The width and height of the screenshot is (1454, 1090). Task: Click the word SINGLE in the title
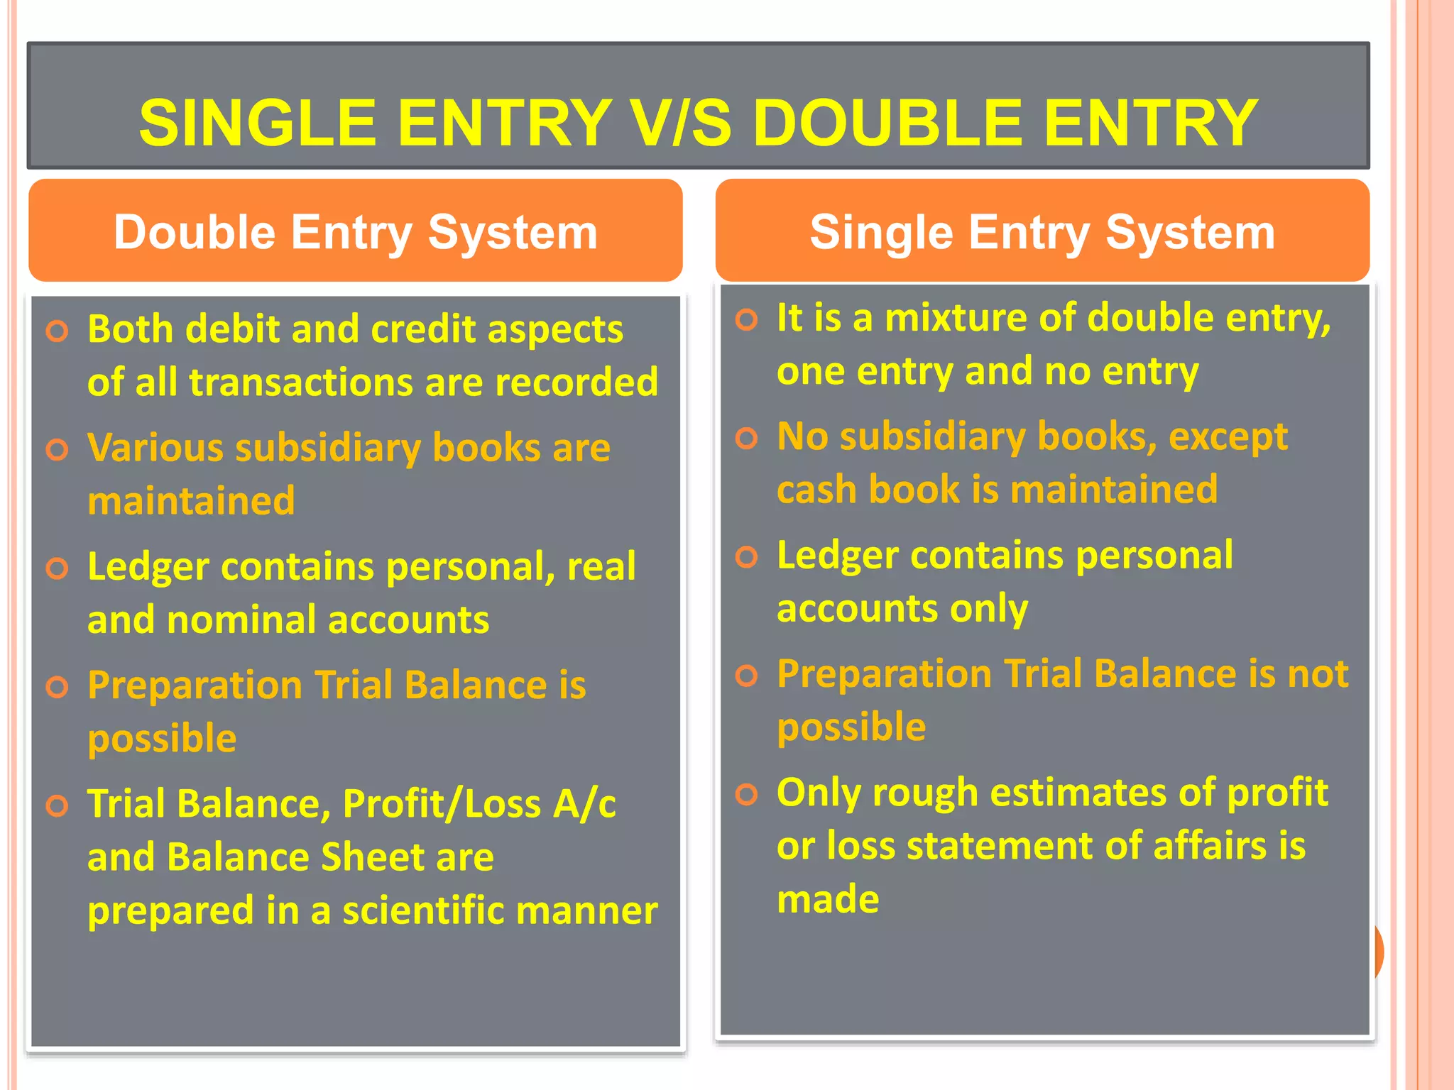[257, 123]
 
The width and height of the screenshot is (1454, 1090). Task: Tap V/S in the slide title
[681, 123]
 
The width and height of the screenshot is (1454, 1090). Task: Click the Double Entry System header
[355, 232]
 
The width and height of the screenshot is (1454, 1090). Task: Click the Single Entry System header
[1042, 232]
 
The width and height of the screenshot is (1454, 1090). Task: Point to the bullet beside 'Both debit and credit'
[57, 331]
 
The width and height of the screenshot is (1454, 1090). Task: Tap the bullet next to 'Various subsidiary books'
[57, 449]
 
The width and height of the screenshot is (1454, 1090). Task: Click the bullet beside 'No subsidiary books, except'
[746, 438]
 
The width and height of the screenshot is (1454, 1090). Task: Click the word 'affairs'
[1210, 846]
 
